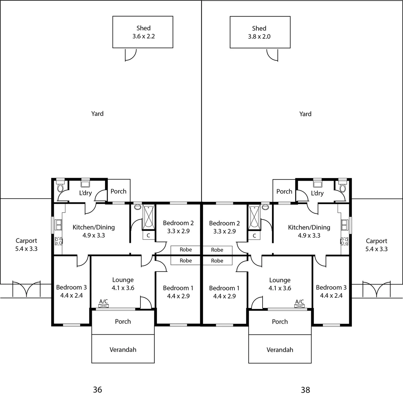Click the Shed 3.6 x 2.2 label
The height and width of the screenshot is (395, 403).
[143, 32]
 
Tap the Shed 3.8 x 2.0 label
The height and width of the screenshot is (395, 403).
[259, 33]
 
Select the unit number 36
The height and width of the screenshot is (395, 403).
[97, 390]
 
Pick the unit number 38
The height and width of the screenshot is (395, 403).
[305, 390]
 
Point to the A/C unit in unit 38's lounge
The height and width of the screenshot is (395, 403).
[300, 306]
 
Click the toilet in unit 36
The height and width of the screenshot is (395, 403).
[60, 187]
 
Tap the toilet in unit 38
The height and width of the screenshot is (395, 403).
[342, 187]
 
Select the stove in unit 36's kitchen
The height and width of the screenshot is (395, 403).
[59, 241]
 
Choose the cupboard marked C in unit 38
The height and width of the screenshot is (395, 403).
[254, 236]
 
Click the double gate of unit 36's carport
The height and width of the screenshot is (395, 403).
[26, 289]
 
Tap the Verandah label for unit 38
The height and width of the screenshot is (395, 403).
[280, 350]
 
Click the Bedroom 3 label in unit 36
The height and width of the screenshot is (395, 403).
[71, 291]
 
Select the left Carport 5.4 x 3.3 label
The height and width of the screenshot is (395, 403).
[26, 245]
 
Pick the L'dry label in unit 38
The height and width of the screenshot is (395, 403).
[317, 193]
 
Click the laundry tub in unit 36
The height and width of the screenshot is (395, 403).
[85, 183]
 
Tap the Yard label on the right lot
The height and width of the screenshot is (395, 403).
[305, 114]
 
